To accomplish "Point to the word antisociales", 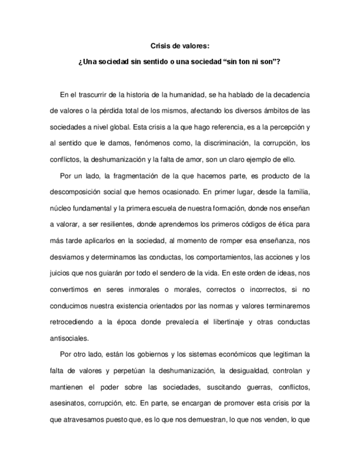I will [69, 338].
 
